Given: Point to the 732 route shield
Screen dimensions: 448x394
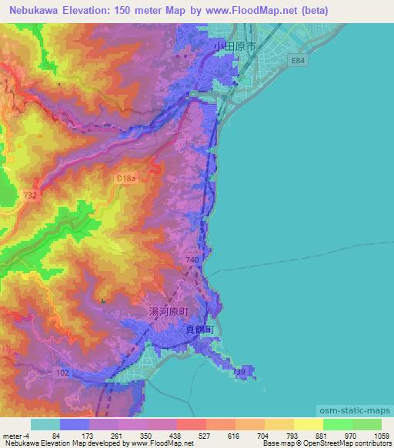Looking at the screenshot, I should point(30,196).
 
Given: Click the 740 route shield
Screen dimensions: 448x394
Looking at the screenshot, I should point(192,261).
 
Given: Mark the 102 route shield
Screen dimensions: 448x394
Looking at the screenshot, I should point(65,371).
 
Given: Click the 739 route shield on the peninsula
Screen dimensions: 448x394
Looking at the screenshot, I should point(239,372).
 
